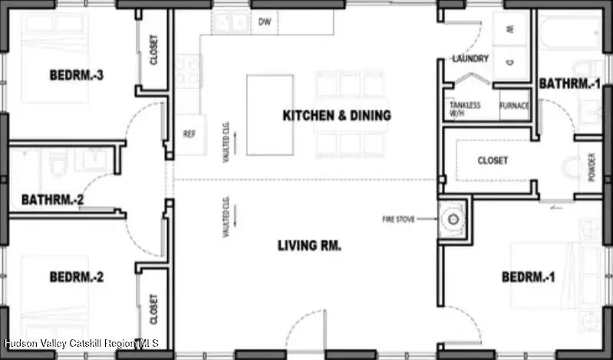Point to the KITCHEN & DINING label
(x=337, y=116)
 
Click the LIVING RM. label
(x=309, y=246)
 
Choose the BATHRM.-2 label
(x=52, y=200)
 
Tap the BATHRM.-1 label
(x=569, y=83)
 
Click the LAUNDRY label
(x=470, y=58)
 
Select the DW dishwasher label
(x=265, y=22)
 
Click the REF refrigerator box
(x=190, y=134)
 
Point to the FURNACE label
(x=513, y=106)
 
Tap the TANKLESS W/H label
(x=464, y=109)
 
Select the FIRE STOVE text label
(x=398, y=220)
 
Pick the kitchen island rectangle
(x=269, y=114)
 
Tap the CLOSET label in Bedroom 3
(x=153, y=50)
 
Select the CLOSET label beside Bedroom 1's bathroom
(x=492, y=160)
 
